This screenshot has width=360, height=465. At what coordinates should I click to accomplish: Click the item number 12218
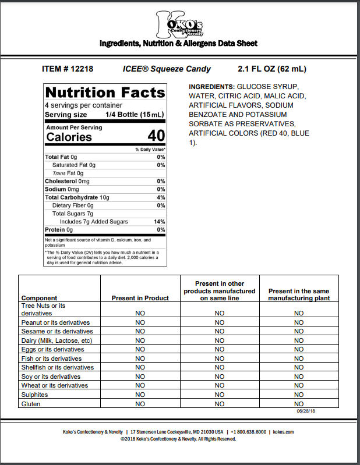click(67, 69)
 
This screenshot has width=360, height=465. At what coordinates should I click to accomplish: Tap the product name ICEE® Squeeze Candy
click(167, 69)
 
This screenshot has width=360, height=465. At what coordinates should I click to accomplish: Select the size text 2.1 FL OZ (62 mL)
click(271, 69)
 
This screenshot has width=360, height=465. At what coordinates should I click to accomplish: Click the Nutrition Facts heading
click(105, 93)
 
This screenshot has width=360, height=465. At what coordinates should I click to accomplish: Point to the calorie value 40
click(156, 136)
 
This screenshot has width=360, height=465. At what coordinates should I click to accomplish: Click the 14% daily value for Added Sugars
click(159, 222)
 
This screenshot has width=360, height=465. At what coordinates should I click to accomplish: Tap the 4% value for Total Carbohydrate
click(161, 197)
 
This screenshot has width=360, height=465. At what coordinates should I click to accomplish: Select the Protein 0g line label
click(59, 230)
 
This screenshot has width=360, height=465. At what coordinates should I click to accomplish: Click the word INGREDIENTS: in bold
click(211, 86)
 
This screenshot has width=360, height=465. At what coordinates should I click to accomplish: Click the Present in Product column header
click(140, 298)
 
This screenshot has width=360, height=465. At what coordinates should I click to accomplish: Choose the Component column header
click(39, 298)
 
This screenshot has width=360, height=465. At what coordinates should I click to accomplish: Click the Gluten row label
click(31, 403)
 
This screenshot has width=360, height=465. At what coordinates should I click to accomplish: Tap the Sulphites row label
click(36, 394)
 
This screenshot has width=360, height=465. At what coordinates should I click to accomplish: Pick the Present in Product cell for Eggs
click(140, 349)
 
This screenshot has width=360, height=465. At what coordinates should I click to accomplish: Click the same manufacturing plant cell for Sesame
click(299, 331)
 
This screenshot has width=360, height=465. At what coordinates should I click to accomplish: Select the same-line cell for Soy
click(220, 377)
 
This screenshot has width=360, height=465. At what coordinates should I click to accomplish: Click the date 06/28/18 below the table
click(305, 411)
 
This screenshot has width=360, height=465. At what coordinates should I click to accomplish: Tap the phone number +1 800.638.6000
click(249, 432)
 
